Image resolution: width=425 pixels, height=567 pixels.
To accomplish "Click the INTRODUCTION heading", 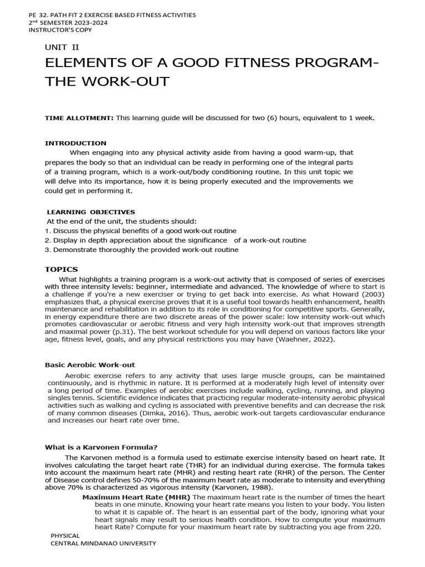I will tap(75, 143).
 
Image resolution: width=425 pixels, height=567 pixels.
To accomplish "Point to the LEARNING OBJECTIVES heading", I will tap(91, 212).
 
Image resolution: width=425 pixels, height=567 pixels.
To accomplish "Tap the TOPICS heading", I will tap(61, 269).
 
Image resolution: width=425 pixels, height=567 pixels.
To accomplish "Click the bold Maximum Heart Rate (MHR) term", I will tap(136, 497).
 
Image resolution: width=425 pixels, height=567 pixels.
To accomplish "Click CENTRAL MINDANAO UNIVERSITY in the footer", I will tap(103, 543).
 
